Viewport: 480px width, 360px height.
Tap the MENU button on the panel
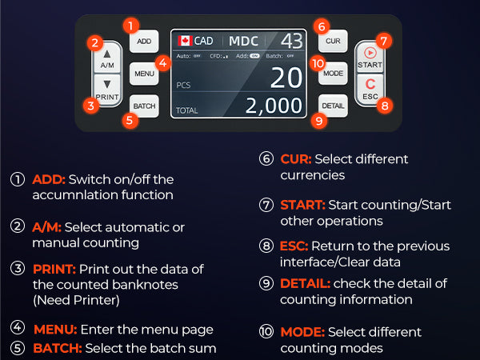click(x=144, y=74)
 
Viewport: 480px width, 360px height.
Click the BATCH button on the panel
click(x=144, y=106)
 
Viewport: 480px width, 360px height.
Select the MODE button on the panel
click(x=333, y=74)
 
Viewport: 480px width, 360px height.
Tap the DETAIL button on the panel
click(x=333, y=106)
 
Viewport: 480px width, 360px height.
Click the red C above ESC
click(x=370, y=84)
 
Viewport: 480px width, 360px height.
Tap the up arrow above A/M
click(x=107, y=54)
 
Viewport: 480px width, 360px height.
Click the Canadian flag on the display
click(x=185, y=41)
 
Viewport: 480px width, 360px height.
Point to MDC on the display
click(x=244, y=41)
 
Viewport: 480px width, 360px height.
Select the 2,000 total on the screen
click(x=274, y=106)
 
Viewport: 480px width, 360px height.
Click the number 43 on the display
click(x=291, y=41)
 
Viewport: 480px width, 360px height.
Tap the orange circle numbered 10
click(x=318, y=63)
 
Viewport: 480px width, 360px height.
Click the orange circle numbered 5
click(x=130, y=120)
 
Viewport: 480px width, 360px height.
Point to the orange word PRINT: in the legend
click(x=54, y=270)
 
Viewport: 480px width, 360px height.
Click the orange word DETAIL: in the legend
click(x=305, y=283)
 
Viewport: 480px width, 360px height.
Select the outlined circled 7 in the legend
click(x=266, y=205)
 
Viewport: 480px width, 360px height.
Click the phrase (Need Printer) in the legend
click(x=76, y=300)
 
